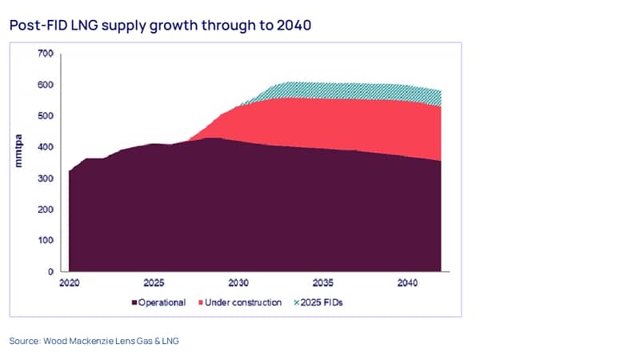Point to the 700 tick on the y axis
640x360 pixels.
click(46, 54)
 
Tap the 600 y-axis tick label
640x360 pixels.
click(46, 85)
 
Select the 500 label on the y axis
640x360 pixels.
click(46, 116)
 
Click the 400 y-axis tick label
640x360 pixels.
click(46, 147)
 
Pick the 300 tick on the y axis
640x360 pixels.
click(46, 178)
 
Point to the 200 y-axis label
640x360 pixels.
click(46, 210)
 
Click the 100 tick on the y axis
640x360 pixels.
click(46, 241)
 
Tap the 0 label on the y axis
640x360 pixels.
click(50, 272)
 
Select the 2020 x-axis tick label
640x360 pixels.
click(70, 283)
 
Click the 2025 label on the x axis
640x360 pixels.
click(154, 283)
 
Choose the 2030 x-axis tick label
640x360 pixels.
click(238, 283)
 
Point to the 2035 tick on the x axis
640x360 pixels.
click(323, 283)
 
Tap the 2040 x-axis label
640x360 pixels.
click(407, 283)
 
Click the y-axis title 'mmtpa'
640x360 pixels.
click(18, 150)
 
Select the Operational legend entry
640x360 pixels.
click(158, 302)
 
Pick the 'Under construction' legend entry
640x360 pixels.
click(240, 302)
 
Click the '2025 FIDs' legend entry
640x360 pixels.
click(318, 302)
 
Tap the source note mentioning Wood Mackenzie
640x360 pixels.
click(94, 341)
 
